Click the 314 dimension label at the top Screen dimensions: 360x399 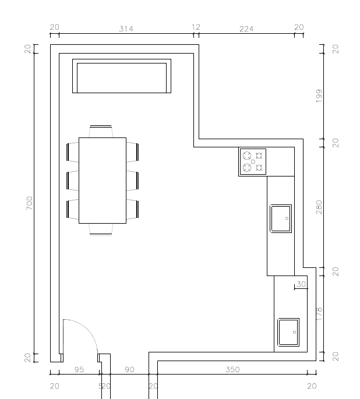pyautogui.click(x=126, y=29)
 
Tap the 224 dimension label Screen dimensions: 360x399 pyautogui.click(x=246, y=29)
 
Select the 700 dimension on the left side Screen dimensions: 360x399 pyautogui.click(x=30, y=203)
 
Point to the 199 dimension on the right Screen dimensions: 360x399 pyautogui.click(x=319, y=96)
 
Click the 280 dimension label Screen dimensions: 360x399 pyautogui.click(x=319, y=207)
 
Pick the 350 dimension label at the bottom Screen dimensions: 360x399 pyautogui.click(x=232, y=369)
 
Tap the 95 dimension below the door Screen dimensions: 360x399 pyautogui.click(x=79, y=369)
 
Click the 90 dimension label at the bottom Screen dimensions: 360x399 pyautogui.click(x=129, y=369)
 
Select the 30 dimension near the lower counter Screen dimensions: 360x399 pyautogui.click(x=301, y=284)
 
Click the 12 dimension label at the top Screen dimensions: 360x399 pyautogui.click(x=196, y=27)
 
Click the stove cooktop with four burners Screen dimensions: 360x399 pyautogui.click(x=253, y=162)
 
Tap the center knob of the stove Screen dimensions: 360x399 pyautogui.click(x=253, y=161)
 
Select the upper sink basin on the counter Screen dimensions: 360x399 pyautogui.click(x=281, y=218)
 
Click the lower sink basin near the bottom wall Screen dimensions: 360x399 pyautogui.click(x=288, y=333)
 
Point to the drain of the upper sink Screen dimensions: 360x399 pyautogui.click(x=287, y=218)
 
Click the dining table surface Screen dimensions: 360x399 pyautogui.click(x=103, y=181)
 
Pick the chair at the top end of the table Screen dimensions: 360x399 pyautogui.click(x=101, y=131)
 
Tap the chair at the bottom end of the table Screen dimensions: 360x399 pyautogui.click(x=101, y=229)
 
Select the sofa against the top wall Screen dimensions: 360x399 pyautogui.click(x=122, y=76)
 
